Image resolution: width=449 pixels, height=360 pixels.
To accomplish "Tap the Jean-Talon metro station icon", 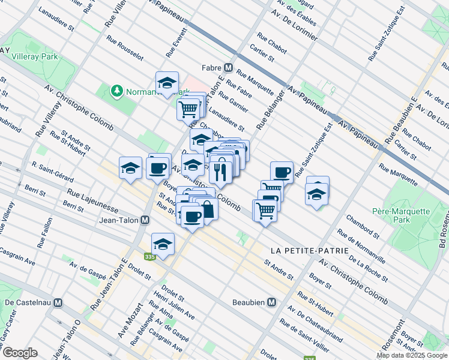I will click(145, 220).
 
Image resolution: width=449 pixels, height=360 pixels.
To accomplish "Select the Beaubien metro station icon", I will click(271, 302).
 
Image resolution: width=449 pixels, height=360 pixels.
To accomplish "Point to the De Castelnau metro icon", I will click(58, 303).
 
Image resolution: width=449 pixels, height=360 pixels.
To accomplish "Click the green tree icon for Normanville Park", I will click(116, 91).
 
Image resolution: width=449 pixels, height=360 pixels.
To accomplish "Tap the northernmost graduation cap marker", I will click(167, 84).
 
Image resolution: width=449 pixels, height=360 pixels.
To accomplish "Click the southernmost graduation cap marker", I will click(163, 245).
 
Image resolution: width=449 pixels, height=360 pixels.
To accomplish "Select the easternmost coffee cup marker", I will click(282, 173).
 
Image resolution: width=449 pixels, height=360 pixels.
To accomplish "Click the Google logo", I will click(20, 353).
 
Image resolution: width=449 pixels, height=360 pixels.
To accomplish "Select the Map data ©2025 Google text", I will click(411, 355).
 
